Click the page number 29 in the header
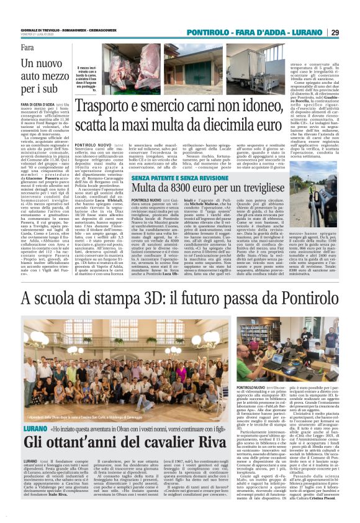(x=351, y=32)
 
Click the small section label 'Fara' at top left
(x=27, y=48)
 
